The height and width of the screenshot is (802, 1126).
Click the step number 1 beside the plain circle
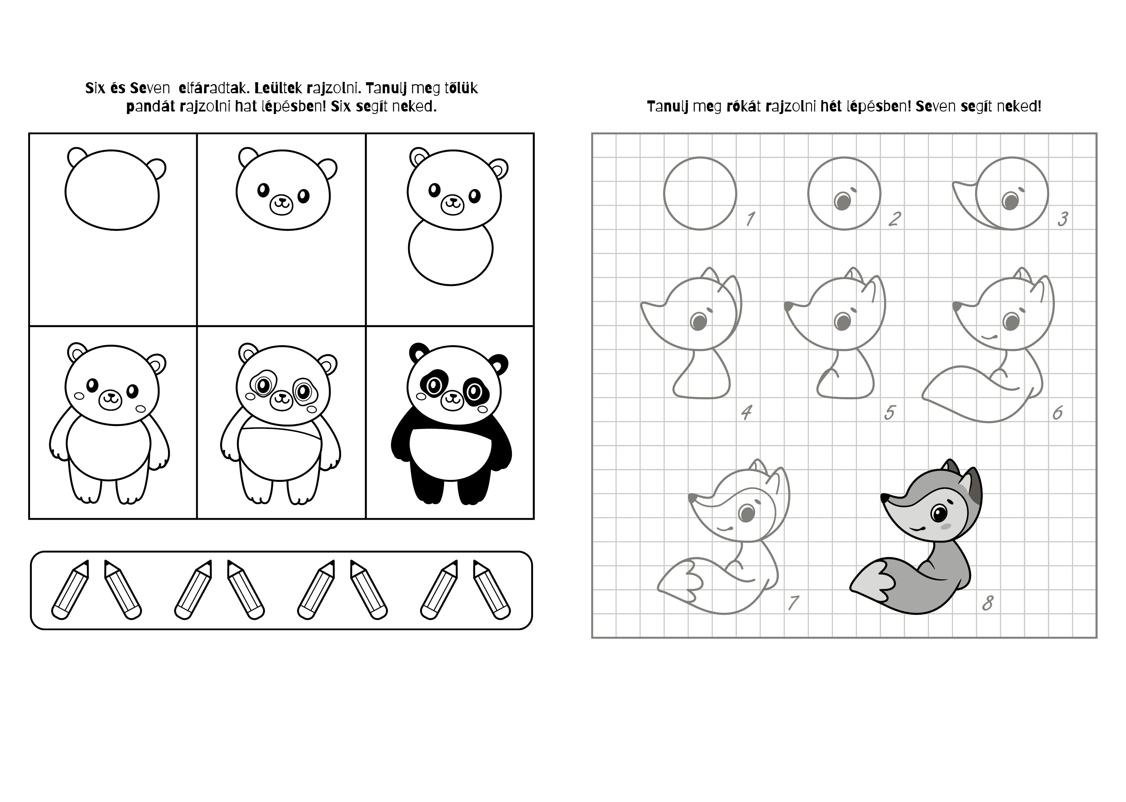tap(750, 218)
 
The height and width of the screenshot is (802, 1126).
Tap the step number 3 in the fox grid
tap(1063, 218)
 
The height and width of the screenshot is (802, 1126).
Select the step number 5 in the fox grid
tap(889, 412)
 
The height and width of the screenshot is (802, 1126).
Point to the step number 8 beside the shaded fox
tap(987, 603)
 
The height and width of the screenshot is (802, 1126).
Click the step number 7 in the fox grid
tap(794, 603)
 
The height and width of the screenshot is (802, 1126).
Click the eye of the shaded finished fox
tap(938, 514)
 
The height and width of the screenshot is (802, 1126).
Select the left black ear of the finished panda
tap(419, 352)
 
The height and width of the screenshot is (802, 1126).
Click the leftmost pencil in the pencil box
tap(70, 590)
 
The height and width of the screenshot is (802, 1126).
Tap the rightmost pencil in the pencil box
tap(492, 590)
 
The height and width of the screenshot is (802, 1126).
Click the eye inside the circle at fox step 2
tap(842, 201)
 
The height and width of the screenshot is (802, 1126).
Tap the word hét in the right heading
tap(831, 107)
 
